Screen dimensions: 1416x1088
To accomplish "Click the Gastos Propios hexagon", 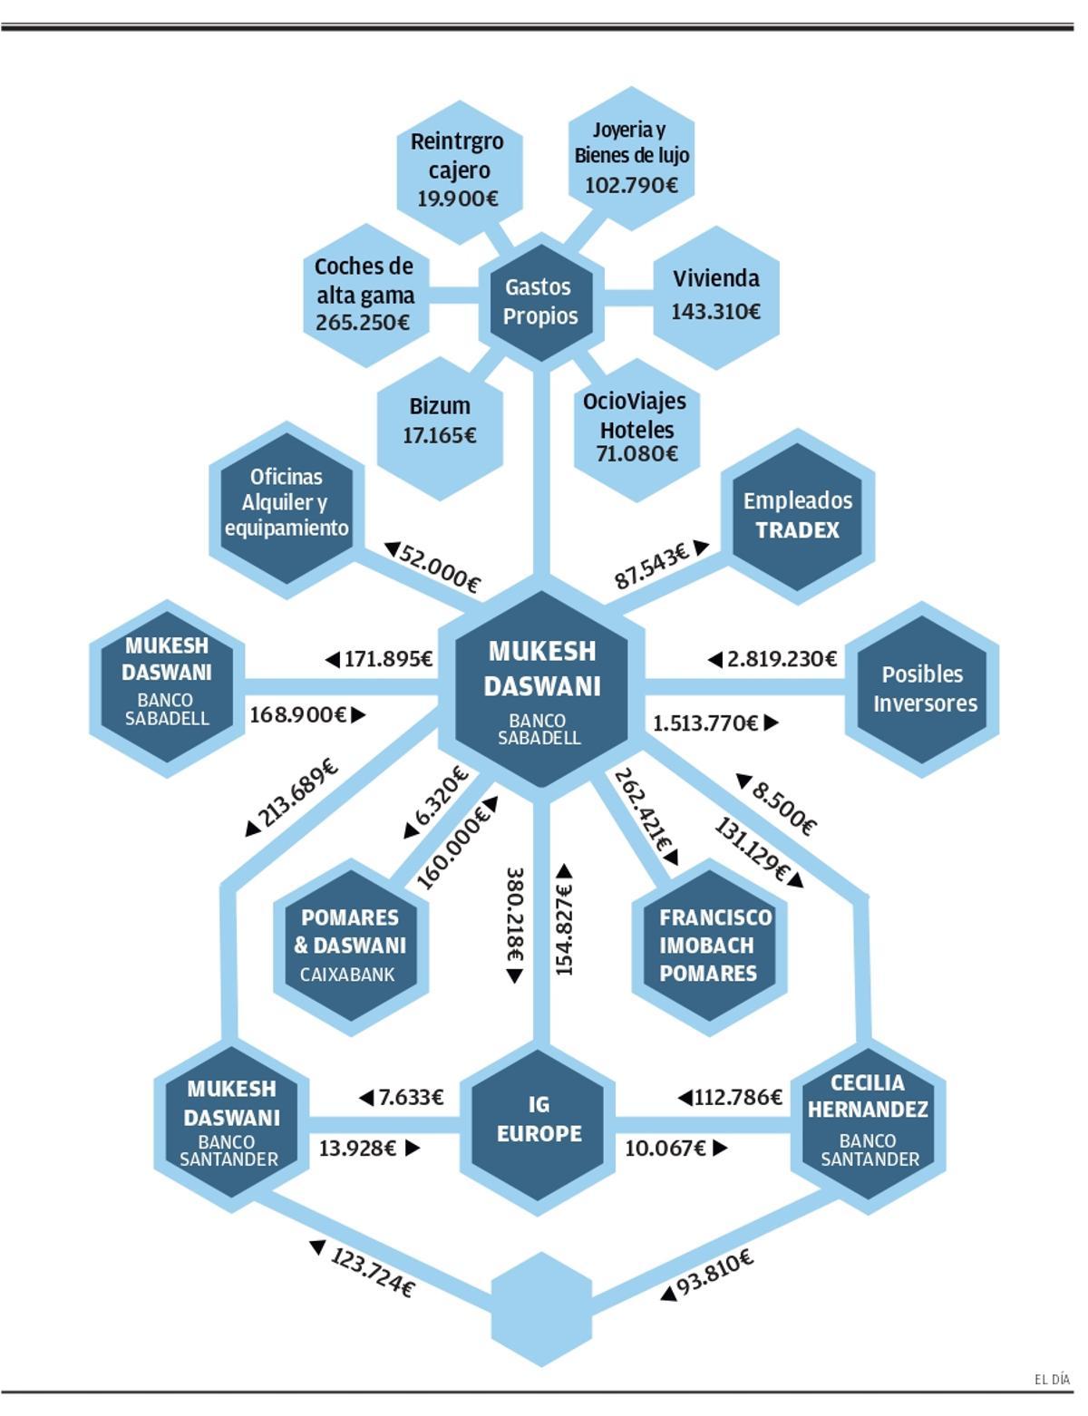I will (x=540, y=302).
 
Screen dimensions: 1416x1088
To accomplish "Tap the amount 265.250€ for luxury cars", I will (x=363, y=323).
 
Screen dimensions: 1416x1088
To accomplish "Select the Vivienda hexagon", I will (x=715, y=296).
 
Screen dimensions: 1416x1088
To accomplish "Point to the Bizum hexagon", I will (x=440, y=421).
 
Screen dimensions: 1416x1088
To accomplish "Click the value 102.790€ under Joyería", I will (x=631, y=186).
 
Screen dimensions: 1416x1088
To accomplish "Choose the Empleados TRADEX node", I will (x=798, y=516).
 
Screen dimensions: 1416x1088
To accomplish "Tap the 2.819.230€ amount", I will (x=781, y=659).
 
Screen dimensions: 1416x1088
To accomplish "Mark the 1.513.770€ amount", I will (x=705, y=723).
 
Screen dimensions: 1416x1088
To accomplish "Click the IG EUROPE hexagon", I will (x=539, y=1120).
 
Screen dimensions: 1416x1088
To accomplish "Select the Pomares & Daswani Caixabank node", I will (x=350, y=946).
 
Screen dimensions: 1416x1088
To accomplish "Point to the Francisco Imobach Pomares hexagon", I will (x=708, y=946).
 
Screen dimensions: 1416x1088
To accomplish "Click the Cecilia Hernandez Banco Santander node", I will (x=868, y=1120).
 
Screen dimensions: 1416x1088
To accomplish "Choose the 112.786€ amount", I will (x=737, y=1098).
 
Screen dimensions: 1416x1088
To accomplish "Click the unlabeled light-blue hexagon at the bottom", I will (x=541, y=1309).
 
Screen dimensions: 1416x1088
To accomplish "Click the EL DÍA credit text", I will (x=1052, y=1380).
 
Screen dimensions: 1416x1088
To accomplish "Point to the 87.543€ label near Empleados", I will (x=652, y=566).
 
